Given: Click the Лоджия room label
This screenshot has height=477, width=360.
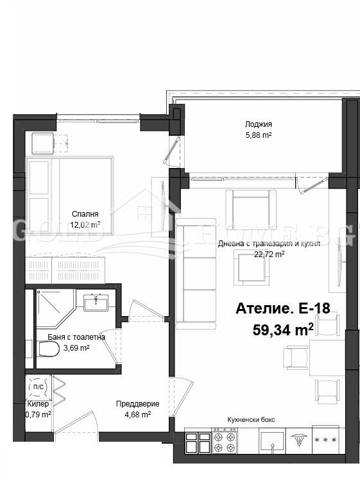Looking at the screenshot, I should pos(258,124).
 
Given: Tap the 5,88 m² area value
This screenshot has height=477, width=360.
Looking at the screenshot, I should pos(258,135).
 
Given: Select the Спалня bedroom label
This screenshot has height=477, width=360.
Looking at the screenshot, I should pos(85,214).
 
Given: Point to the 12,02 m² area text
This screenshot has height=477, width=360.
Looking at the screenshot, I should pos(85,225).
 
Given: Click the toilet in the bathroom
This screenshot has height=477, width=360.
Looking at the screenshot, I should pos(49,349).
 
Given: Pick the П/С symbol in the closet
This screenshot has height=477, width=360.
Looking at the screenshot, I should pos(38,387).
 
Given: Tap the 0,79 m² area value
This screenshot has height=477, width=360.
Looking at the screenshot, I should pos(39,414).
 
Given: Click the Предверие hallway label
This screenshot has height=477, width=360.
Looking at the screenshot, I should pos(133,404).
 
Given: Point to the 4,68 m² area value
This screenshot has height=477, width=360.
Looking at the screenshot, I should pos(137,414).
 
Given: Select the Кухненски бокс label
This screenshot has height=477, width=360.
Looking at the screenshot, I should pos(251,419).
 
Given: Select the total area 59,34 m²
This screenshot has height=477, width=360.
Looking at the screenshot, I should pos(284,330).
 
